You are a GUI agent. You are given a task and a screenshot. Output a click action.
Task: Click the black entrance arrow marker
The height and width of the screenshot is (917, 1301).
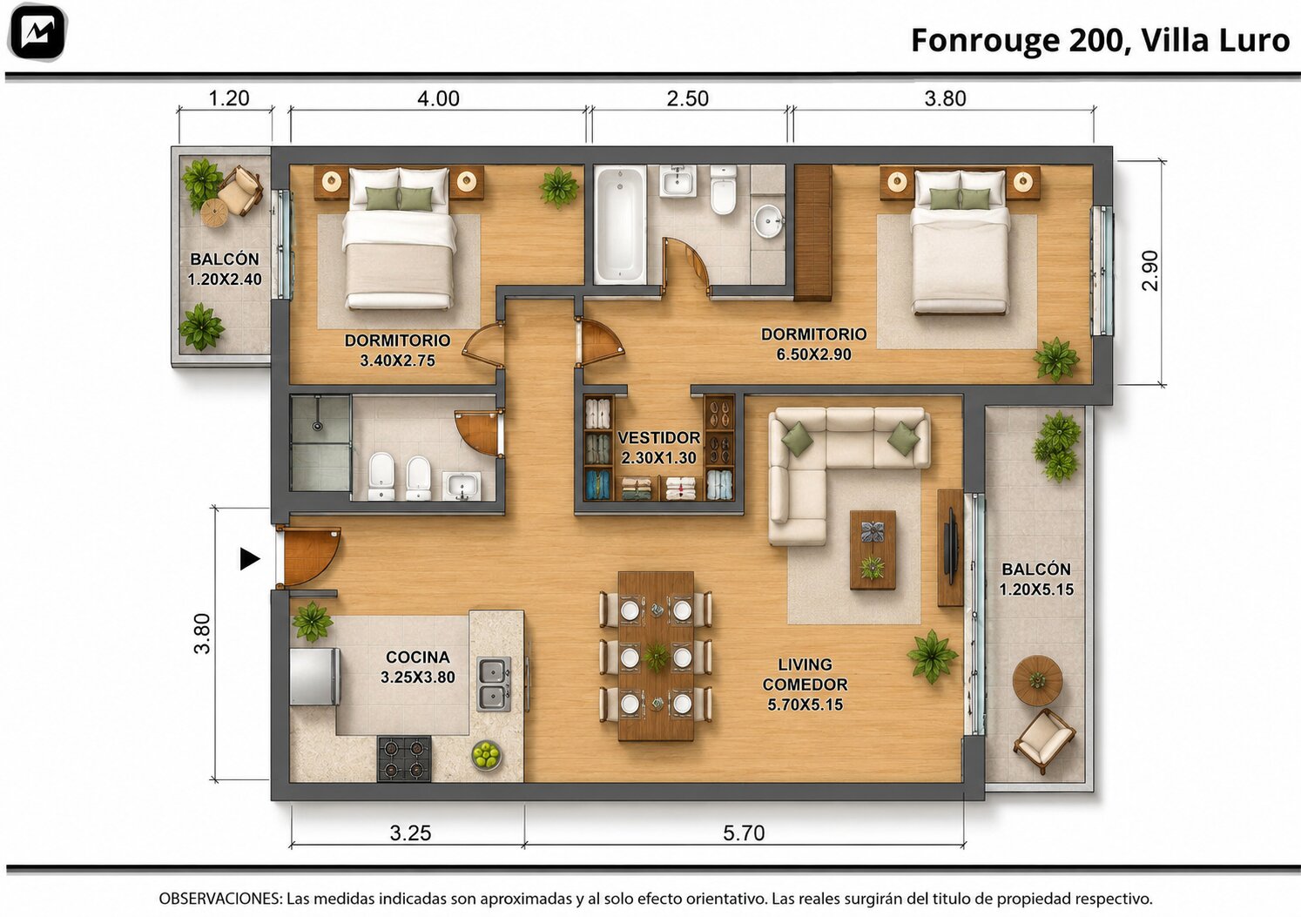250,559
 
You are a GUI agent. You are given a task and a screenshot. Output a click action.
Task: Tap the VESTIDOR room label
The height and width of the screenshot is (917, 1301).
658,437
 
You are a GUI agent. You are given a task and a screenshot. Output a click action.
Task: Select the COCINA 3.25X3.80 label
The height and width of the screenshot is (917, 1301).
418,667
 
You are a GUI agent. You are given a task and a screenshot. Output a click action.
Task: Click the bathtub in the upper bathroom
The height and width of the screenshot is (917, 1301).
620,225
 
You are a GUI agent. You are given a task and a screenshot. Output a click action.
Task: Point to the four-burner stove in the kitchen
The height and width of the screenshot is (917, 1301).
405,758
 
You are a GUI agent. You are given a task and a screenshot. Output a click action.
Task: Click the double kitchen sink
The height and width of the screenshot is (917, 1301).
494,684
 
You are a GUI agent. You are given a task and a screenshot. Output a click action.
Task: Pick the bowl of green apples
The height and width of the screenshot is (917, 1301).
486,755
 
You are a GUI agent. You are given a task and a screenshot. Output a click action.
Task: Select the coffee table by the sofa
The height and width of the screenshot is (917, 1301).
873,550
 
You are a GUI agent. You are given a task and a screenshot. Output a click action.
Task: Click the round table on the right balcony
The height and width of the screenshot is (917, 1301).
1037,680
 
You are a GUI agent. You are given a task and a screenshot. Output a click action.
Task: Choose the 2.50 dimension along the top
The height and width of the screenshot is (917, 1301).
688,98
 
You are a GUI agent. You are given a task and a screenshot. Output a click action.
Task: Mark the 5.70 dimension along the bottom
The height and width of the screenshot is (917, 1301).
744,833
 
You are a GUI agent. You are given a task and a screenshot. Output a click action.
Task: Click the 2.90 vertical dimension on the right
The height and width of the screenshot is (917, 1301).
1149,270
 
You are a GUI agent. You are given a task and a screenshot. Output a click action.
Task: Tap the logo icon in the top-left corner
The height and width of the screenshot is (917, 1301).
37,32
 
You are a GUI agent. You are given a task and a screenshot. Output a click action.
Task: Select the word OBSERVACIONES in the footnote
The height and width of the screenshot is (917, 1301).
220,899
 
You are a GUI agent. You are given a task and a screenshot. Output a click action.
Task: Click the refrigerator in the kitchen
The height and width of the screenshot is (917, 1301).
314,677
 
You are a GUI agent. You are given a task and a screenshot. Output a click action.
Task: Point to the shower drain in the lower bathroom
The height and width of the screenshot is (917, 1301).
316,426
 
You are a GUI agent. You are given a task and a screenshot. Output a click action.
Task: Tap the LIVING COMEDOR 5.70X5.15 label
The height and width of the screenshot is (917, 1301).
805,684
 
